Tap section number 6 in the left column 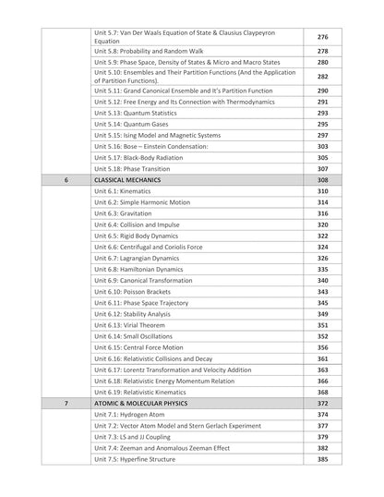pos(66,180)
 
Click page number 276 pos(322,37)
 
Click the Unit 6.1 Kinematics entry pos(122,191)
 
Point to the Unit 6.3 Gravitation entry pos(123,213)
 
